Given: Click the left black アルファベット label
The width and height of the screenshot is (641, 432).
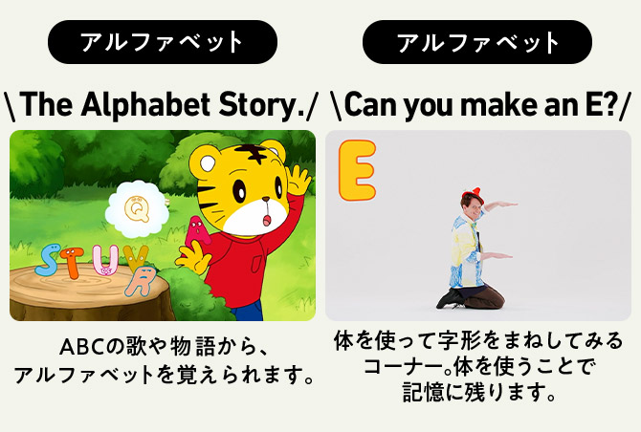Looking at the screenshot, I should pos(163,42).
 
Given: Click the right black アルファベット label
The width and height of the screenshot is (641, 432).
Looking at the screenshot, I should pos(477,42).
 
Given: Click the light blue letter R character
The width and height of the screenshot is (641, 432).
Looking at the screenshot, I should pos(144,281).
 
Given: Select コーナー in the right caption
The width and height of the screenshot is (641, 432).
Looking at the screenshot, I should pos(405,365).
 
